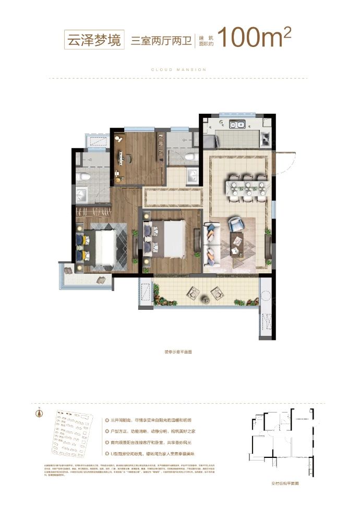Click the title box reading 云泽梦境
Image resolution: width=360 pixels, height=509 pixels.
(92, 38)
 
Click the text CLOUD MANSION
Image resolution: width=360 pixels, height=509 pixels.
(179, 69)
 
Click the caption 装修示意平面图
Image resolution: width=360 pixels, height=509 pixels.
(178, 352)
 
